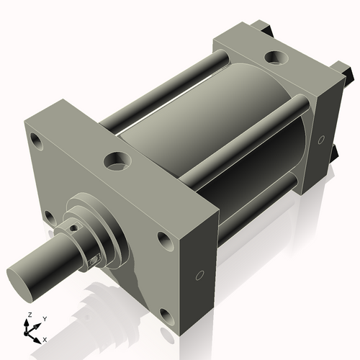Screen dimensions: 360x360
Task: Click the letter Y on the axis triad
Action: [44, 318]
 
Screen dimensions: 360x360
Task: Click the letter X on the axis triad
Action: [45, 338]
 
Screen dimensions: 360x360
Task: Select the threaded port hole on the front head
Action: [114, 161]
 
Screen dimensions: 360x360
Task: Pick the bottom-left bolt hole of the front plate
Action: [47, 216]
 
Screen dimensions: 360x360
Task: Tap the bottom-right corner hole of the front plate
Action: [166, 315]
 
